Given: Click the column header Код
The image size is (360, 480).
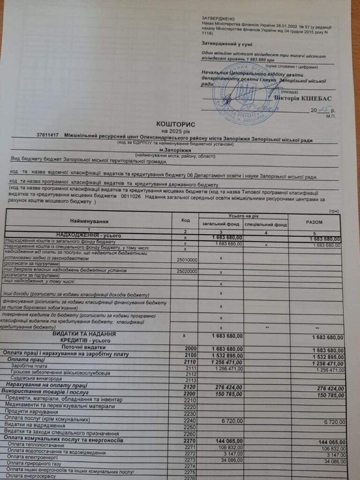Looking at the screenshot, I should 185,220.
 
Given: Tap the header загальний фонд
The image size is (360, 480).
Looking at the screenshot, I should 220,225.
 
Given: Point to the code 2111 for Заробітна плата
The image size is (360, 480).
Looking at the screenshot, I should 190,369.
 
